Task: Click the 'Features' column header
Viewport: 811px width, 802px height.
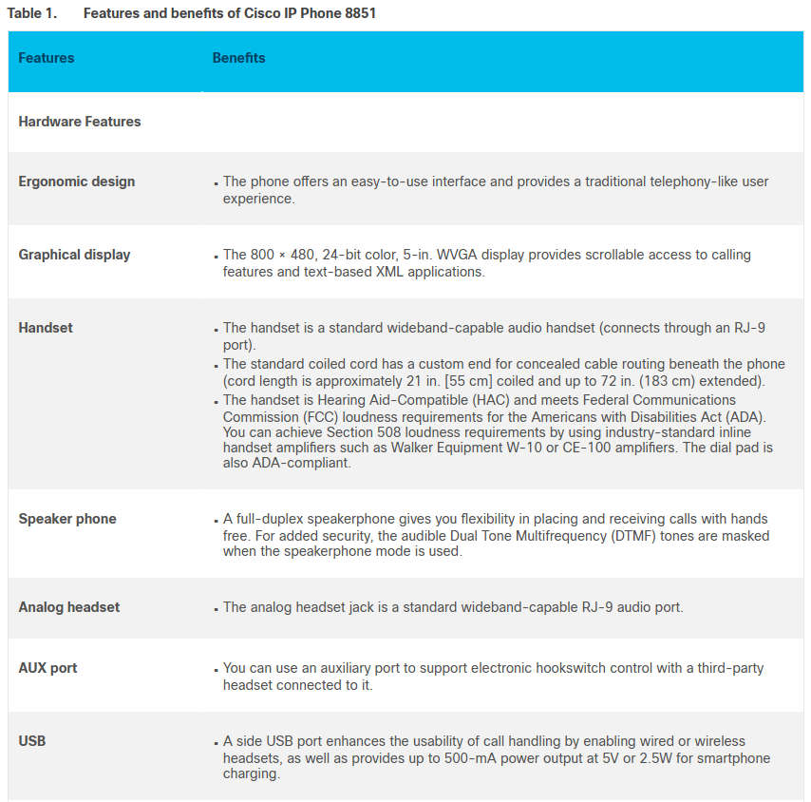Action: [x=46, y=58]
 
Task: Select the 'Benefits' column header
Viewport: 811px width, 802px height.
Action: [x=238, y=58]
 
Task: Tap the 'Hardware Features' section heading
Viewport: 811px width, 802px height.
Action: [x=80, y=122]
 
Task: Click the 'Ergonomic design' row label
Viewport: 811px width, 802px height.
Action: [x=77, y=181]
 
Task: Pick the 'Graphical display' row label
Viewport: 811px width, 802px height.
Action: [x=74, y=255]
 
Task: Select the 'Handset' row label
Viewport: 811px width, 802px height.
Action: [x=46, y=328]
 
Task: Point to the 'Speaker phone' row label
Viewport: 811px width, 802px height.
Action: [x=67, y=519]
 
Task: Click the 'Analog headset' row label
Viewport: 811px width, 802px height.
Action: [x=69, y=607]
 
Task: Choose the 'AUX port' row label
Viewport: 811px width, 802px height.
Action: [x=48, y=668]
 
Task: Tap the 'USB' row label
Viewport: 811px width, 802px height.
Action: [x=32, y=740]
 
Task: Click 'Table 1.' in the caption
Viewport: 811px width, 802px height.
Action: [x=30, y=13]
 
